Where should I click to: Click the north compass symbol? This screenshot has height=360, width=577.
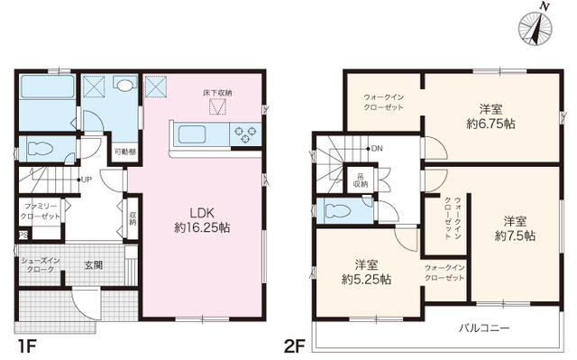[x=536, y=27]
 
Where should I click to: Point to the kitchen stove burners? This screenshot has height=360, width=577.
[x=244, y=135]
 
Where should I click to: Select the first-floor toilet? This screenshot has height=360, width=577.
[x=42, y=147]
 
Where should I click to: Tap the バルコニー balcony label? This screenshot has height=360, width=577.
[x=484, y=328]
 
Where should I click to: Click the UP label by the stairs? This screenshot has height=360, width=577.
[x=86, y=180]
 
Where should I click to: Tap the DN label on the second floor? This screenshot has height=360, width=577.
[x=376, y=148]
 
